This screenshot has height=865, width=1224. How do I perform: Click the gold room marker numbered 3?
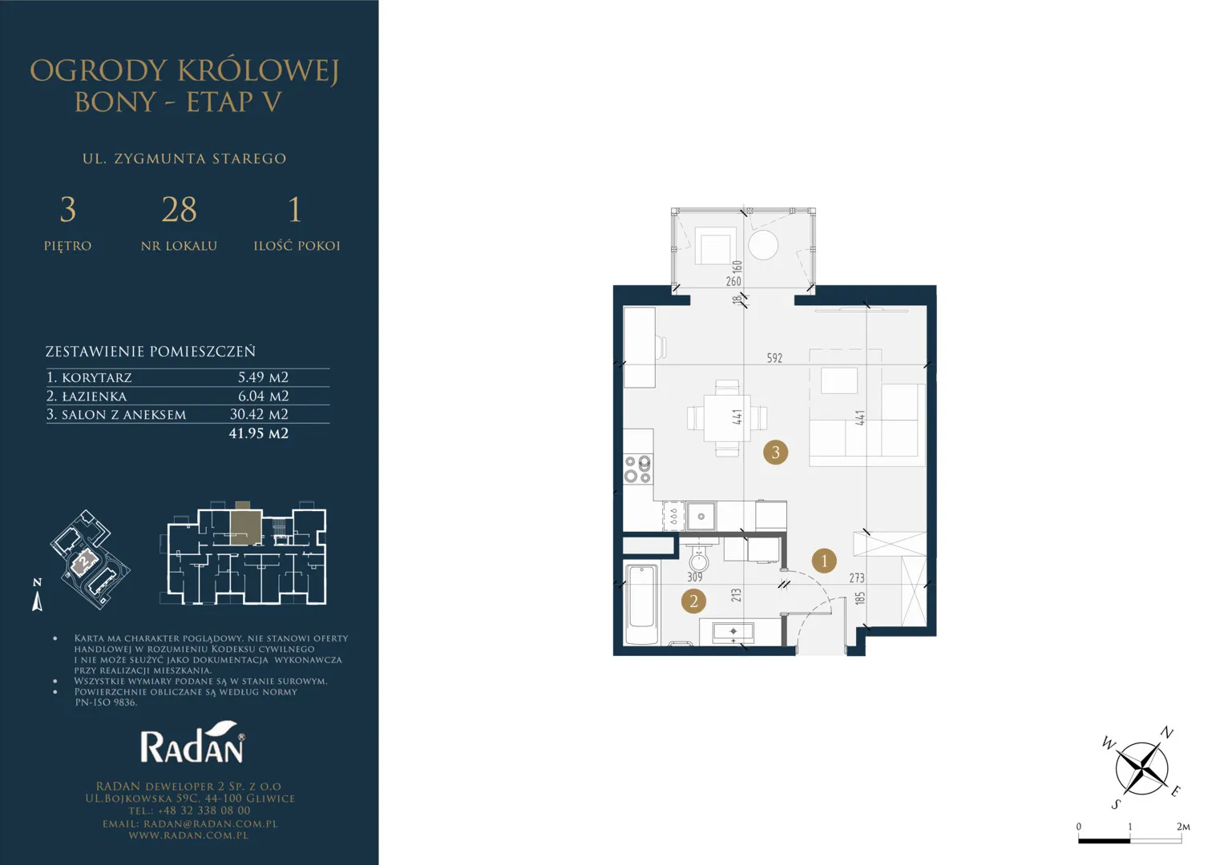pyautogui.click(x=775, y=453)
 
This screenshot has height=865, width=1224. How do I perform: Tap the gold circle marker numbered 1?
pyautogui.click(x=824, y=561)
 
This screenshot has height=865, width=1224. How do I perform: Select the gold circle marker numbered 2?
pyautogui.click(x=693, y=601)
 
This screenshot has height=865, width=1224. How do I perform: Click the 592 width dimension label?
pyautogui.click(x=774, y=358)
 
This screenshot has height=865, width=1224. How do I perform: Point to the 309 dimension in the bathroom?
pyautogui.click(x=694, y=577)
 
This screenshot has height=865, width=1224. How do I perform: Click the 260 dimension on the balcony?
pyautogui.click(x=733, y=281)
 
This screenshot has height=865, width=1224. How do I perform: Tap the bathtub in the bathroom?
pyautogui.click(x=641, y=604)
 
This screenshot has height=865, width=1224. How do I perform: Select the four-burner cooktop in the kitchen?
pyautogui.click(x=638, y=469)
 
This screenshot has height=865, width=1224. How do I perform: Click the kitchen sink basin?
pyautogui.click(x=701, y=516)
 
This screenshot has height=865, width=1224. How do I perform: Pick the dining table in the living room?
pyautogui.click(x=727, y=418)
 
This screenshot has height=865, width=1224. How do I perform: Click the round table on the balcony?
pyautogui.click(x=763, y=245)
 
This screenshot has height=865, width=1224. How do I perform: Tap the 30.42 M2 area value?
pyautogui.click(x=259, y=415)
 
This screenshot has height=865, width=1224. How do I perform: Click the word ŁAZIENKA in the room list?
pyautogui.click(x=94, y=396)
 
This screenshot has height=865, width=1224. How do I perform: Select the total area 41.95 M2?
pyautogui.click(x=258, y=433)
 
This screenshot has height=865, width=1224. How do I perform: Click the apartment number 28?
pyautogui.click(x=180, y=209)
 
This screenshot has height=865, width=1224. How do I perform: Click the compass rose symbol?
pyautogui.click(x=1141, y=768)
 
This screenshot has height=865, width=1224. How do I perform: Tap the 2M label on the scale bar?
pyautogui.click(x=1183, y=827)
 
